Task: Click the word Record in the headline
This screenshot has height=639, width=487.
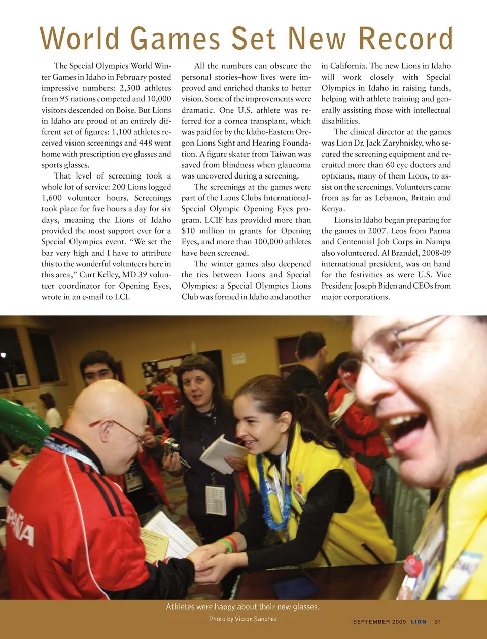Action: (x=405, y=39)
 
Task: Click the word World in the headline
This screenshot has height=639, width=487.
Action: (x=80, y=39)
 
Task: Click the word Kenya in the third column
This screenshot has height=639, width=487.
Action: (x=333, y=209)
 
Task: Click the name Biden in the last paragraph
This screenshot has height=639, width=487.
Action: (x=384, y=286)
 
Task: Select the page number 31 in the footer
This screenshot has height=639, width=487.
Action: (x=438, y=622)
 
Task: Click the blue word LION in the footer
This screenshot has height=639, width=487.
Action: (x=419, y=622)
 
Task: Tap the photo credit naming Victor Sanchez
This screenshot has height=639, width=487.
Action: (x=243, y=619)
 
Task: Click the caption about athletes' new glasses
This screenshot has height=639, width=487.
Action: (x=242, y=607)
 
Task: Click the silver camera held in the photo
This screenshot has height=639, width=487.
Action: (x=171, y=446)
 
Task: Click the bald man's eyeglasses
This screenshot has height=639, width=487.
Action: (x=127, y=431)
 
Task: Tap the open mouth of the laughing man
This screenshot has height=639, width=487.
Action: (x=406, y=431)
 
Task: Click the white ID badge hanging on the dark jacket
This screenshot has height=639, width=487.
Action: (x=216, y=500)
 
